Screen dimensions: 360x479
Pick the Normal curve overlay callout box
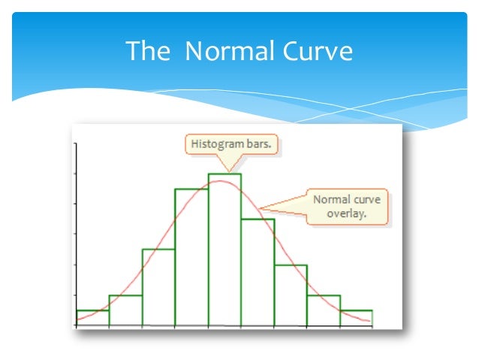347,207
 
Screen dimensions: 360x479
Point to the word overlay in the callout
346,213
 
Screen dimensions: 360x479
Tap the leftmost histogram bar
92,318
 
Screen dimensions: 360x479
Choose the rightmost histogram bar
356,318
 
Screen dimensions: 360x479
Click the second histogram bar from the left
125,310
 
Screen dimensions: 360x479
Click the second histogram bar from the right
324,310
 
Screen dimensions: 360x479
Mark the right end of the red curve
370,322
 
